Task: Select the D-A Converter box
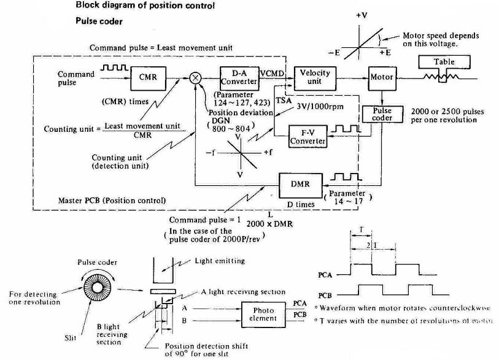(239, 77)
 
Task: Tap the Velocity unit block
(315, 77)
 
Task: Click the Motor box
(381, 78)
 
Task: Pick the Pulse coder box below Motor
(382, 115)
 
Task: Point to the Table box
(444, 62)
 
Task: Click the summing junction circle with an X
(196, 78)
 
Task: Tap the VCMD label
(271, 73)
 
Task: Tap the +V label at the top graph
(362, 13)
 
